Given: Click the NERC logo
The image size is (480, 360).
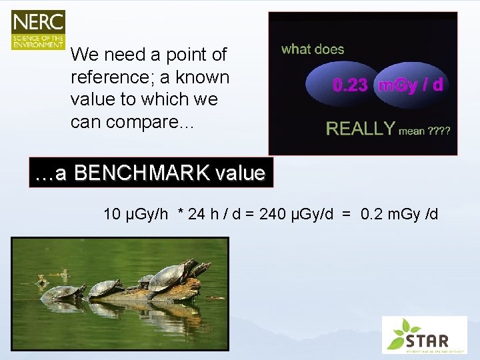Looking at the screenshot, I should (38, 30).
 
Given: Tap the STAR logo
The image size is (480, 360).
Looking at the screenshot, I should (424, 335).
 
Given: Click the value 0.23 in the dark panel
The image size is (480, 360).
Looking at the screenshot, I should (350, 85).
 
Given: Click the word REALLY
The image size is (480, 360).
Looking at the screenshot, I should (360, 129).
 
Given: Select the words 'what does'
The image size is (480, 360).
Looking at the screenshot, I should (313, 49).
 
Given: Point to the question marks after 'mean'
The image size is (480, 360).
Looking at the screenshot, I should (439, 131).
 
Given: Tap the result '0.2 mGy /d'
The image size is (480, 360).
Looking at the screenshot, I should (399, 215).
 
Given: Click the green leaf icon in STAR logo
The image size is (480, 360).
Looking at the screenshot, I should (403, 329).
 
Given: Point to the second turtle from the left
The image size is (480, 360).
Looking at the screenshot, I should (105, 288).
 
